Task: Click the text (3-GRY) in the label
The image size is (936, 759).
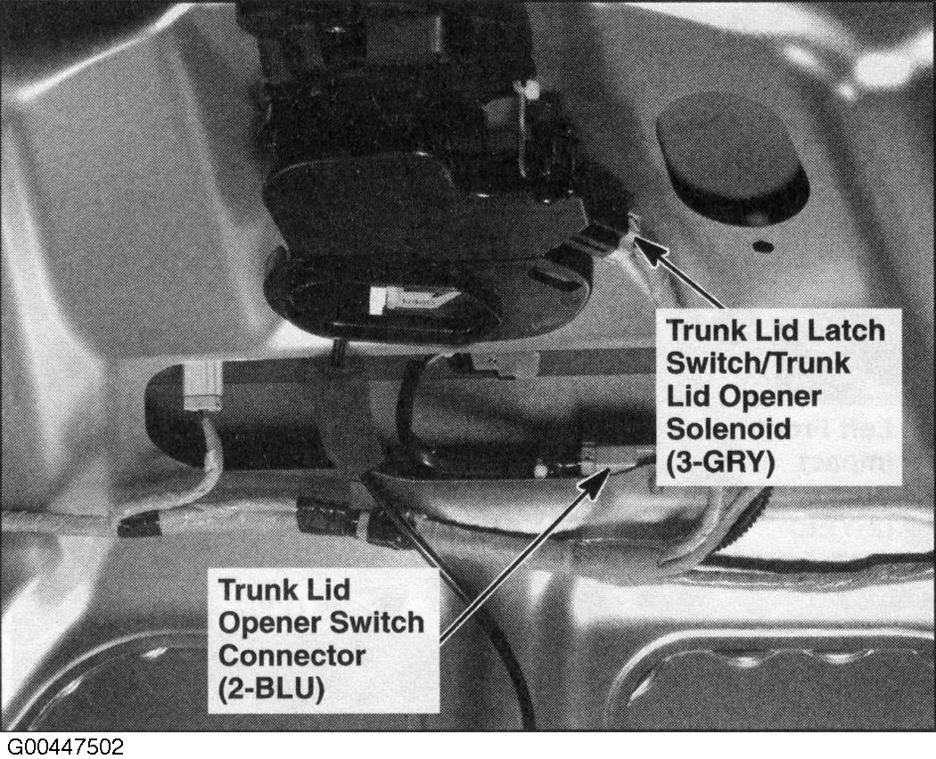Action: (720, 461)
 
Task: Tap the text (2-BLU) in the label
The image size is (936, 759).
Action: (272, 689)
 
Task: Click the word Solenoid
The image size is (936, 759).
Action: (729, 428)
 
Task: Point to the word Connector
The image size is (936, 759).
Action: (291, 655)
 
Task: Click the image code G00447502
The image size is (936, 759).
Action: (65, 747)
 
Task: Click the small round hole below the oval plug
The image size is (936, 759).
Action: (763, 246)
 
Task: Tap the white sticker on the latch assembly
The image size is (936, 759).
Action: (412, 299)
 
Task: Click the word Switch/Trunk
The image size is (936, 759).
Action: (758, 363)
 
